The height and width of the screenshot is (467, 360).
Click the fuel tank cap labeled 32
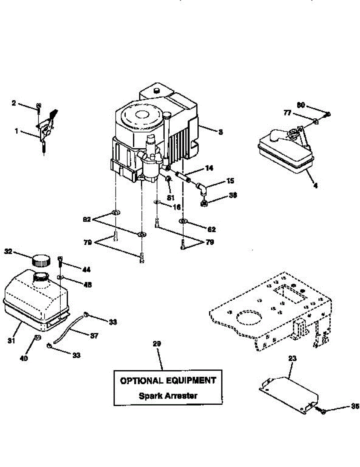click(x=41, y=260)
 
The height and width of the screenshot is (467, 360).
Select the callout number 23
click(x=292, y=358)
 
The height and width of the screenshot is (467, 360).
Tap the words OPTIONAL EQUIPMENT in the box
click(x=168, y=380)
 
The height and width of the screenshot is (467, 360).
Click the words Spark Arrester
click(x=168, y=396)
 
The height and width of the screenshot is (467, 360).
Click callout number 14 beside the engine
click(x=209, y=168)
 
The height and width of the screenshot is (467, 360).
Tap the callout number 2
click(x=14, y=103)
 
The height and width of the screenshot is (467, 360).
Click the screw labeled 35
click(x=322, y=410)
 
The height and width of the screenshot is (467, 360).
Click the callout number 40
click(x=24, y=359)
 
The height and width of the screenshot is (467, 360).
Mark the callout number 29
click(x=157, y=344)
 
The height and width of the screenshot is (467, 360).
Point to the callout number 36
click(x=222, y=195)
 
